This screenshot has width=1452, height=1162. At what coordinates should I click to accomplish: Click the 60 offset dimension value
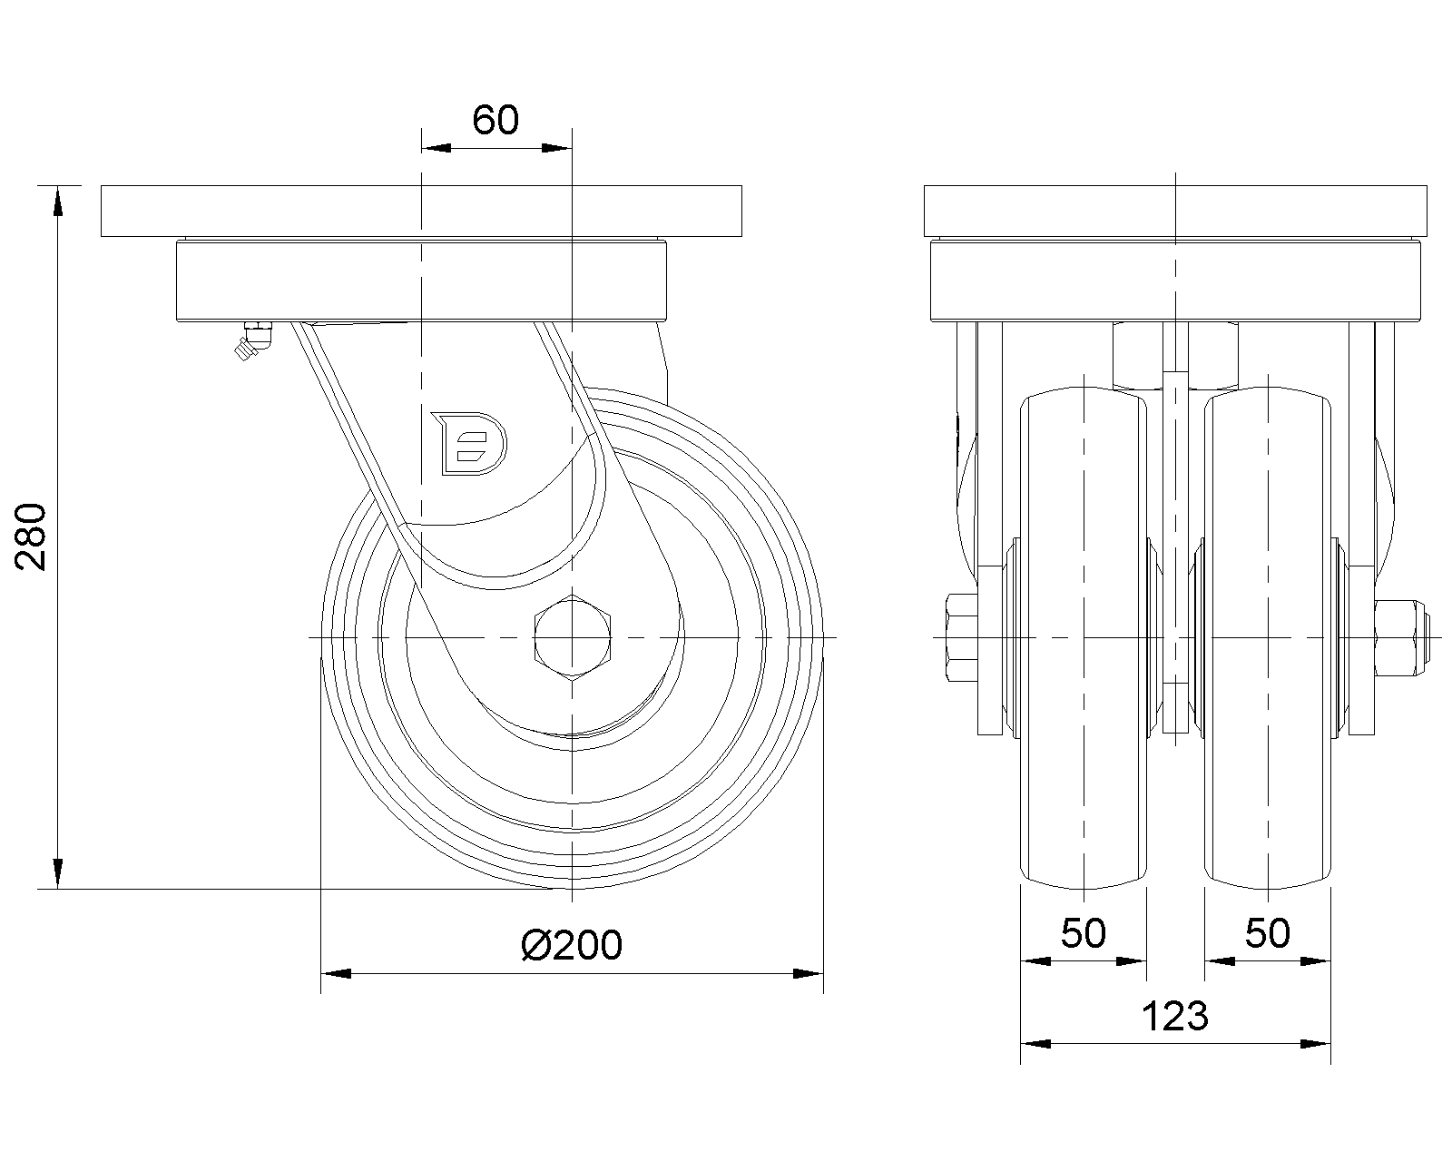[495, 120]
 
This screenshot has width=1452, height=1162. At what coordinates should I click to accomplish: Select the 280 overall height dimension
[34, 535]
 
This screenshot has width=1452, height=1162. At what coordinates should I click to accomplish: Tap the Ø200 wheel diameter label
[572, 945]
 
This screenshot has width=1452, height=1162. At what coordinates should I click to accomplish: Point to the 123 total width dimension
[1174, 1016]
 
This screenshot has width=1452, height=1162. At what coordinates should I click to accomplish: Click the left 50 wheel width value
[1084, 933]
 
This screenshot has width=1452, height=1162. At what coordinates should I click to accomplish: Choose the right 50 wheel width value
[1267, 933]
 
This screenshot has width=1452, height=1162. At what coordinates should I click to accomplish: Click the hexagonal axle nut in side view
[572, 637]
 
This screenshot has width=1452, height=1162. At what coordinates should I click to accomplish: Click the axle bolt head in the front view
[960, 638]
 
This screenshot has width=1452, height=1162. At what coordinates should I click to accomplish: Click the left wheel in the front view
[1084, 635]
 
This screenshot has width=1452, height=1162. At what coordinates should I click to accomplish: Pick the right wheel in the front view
[1268, 635]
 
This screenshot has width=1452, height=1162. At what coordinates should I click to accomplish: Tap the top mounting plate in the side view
[421, 212]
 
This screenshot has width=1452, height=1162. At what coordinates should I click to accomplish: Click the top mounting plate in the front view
[1174, 212]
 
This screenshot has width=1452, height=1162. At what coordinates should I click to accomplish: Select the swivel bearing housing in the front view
[1174, 281]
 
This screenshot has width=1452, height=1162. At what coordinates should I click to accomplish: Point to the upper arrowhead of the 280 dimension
[58, 200]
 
